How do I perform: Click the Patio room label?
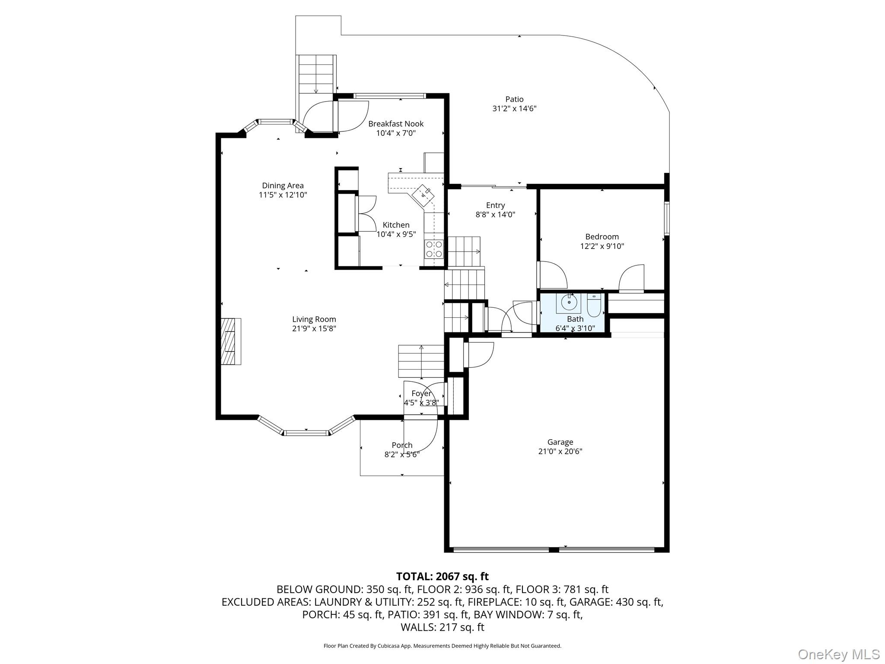click(514, 99)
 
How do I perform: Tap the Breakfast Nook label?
click(396, 124)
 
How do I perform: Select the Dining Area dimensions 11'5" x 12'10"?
click(283, 195)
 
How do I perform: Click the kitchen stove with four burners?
click(434, 249)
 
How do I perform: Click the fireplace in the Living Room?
click(231, 342)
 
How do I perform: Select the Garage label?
click(560, 442)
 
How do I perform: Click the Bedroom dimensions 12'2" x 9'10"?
click(602, 246)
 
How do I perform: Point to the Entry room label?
click(495, 205)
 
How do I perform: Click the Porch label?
click(402, 445)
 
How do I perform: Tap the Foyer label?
click(421, 393)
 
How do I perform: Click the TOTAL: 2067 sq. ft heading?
click(442, 576)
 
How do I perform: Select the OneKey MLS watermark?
click(838, 654)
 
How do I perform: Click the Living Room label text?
click(314, 319)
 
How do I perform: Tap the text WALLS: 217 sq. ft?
click(442, 627)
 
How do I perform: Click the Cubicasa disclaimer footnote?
click(442, 646)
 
